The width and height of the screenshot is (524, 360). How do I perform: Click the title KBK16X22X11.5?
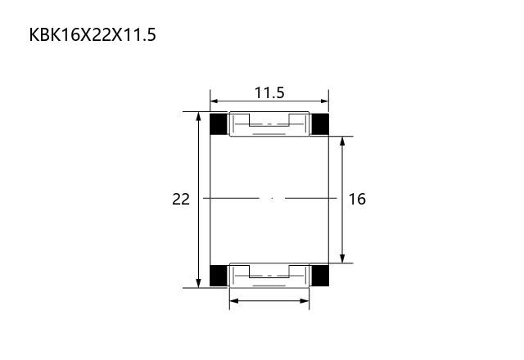93,34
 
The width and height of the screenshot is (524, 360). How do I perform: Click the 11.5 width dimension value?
269,92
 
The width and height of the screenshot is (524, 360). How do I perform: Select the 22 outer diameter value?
181,200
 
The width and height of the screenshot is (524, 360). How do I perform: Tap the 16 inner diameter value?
357,199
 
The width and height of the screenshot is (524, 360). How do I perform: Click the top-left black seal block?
219,124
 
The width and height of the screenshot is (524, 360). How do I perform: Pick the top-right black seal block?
320,124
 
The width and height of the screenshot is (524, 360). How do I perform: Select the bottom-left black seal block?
219,276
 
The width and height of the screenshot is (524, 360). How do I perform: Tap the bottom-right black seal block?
320,276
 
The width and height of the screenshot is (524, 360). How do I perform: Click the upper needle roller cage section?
269,124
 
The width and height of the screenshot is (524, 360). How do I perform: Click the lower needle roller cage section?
269,276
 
